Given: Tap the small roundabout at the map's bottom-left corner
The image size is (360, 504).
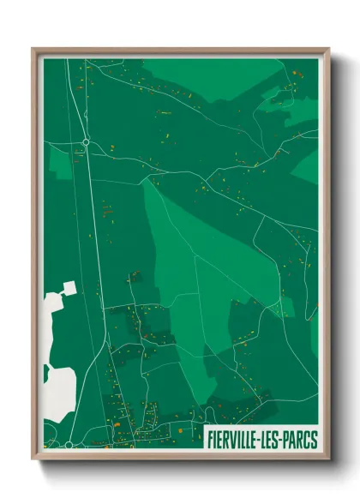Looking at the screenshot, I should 69,445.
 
